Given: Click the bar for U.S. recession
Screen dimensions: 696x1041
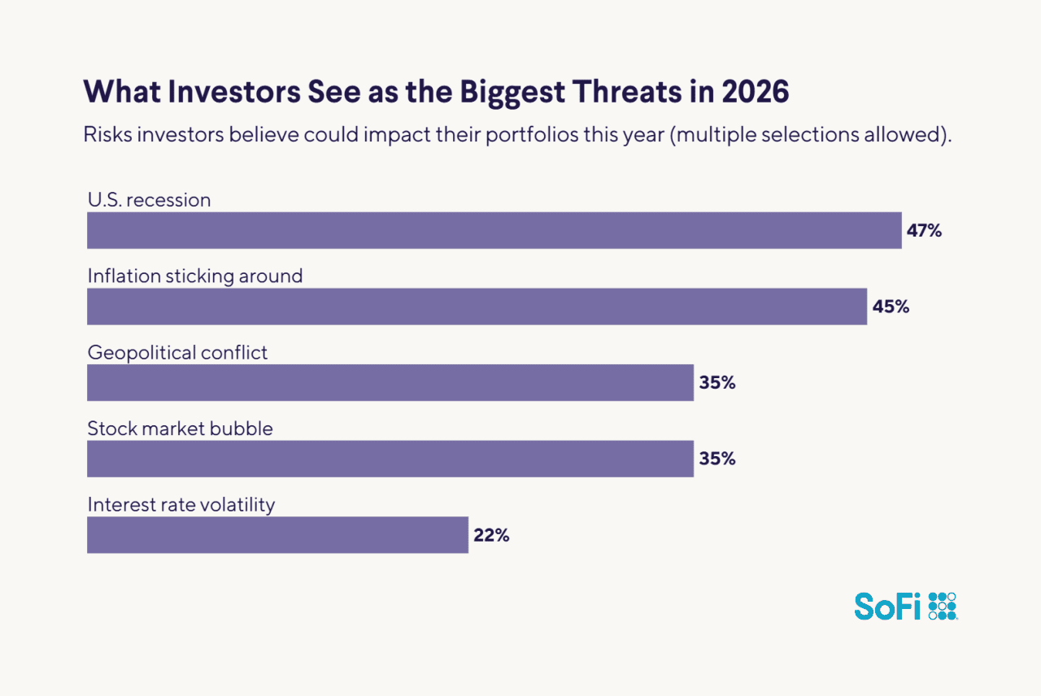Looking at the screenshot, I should tap(494, 230).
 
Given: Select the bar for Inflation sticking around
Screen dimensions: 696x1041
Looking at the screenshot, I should tap(477, 307).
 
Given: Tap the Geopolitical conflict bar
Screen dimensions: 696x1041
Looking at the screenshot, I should tap(390, 382).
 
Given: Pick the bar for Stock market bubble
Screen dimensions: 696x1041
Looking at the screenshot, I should tap(390, 459).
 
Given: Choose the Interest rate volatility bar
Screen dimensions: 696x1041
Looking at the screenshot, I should tap(277, 535).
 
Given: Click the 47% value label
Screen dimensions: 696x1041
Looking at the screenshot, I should tap(924, 231).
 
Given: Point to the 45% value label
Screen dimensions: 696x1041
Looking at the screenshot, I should tap(891, 307).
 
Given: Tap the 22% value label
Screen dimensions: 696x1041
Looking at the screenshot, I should tap(491, 536).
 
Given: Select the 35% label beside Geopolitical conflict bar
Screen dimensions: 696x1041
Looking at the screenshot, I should tap(717, 383).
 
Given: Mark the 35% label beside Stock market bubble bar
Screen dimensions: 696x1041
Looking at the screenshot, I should tap(717, 459).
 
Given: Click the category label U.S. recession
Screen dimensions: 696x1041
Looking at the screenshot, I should tap(149, 200).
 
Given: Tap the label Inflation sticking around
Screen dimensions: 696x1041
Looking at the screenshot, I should tap(195, 276).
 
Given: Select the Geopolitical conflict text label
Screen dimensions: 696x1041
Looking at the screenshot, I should tap(177, 353).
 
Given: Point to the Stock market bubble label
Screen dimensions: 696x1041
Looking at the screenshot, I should tap(180, 428).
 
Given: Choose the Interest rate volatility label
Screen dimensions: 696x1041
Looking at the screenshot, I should tap(181, 505).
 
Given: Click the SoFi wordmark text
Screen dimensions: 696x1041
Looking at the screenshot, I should tap(887, 607).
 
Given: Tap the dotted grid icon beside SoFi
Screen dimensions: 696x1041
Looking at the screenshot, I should tap(943, 606).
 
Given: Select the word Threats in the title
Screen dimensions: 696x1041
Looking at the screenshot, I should tap(614, 93).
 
